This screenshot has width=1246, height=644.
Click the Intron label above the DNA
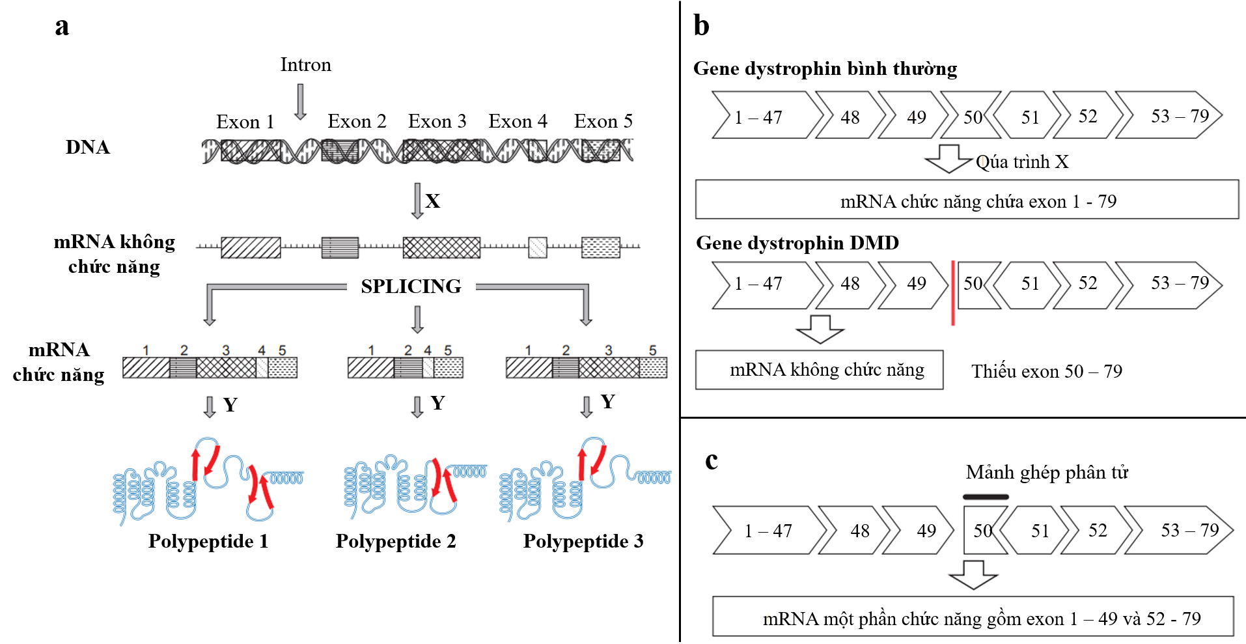(x=305, y=64)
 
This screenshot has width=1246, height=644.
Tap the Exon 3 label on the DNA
(x=437, y=121)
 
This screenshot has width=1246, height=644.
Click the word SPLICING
(x=411, y=286)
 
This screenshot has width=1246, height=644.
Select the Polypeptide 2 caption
(x=395, y=541)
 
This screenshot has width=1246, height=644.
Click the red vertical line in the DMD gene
(x=953, y=292)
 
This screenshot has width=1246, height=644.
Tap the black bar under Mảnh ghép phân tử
(x=986, y=497)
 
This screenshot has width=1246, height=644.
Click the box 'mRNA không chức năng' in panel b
(x=819, y=370)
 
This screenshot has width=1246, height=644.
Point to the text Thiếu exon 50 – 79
(x=1046, y=371)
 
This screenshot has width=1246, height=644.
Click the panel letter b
(x=701, y=26)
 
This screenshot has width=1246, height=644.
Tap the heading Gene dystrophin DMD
(x=797, y=243)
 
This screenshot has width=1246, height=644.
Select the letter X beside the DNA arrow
(x=432, y=201)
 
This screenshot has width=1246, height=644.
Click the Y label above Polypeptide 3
(x=607, y=402)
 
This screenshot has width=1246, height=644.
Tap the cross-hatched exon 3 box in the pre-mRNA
(x=441, y=247)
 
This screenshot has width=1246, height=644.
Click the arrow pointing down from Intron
(x=300, y=102)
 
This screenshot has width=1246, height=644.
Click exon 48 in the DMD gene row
(x=850, y=284)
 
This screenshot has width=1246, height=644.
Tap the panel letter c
(x=712, y=460)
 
